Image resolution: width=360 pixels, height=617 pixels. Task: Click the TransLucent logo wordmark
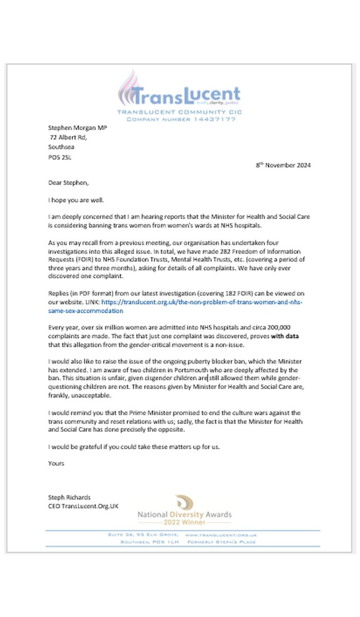(x=185, y=95)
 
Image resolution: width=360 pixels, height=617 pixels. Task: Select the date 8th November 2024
(x=283, y=165)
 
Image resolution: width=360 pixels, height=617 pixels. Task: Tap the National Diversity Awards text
(x=184, y=514)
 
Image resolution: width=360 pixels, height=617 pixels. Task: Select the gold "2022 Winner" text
(x=185, y=523)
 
